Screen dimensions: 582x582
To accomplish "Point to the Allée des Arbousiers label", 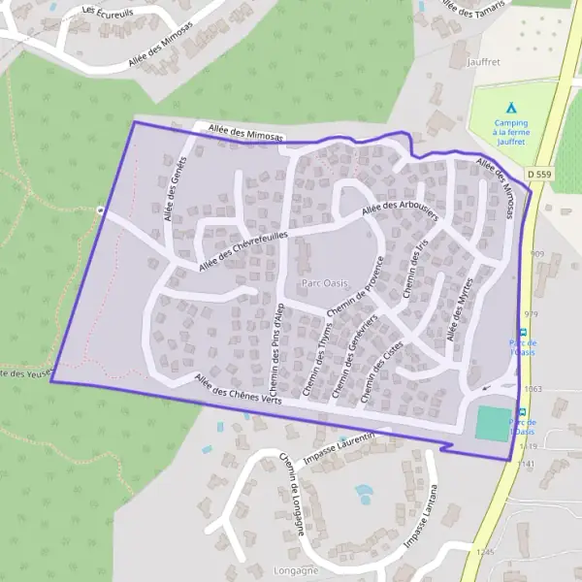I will click(x=400, y=201).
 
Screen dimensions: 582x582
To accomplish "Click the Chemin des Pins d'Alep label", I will click(x=277, y=344).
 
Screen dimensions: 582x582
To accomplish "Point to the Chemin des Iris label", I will click(x=414, y=271).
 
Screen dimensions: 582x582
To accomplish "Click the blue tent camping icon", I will click(x=510, y=109).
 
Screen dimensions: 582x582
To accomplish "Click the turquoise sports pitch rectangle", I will click(x=493, y=423).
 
